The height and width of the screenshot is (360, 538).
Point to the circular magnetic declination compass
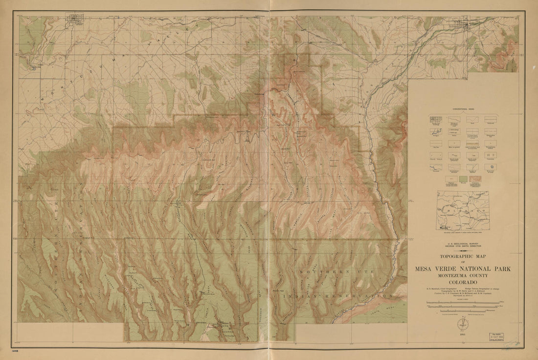(466, 324)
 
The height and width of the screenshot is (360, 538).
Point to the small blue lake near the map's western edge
(33, 68)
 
